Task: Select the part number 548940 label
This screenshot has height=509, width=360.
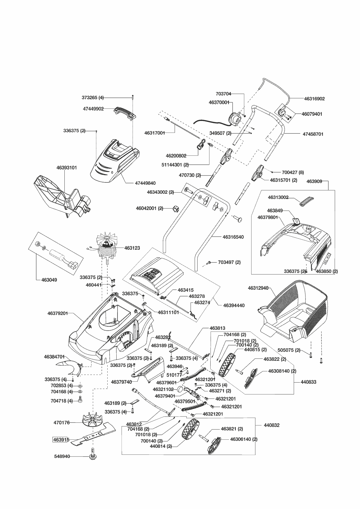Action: click(x=62, y=456)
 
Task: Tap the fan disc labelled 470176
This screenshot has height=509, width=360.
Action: click(x=93, y=421)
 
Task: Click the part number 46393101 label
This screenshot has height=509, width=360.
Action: click(x=67, y=168)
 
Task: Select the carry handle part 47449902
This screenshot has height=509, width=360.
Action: click(x=126, y=112)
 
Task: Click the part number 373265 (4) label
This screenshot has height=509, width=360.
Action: click(x=93, y=97)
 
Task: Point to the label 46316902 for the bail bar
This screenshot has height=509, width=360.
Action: click(x=314, y=99)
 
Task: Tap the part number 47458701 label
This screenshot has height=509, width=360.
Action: click(x=313, y=134)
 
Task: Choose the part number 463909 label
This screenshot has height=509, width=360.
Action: click(x=314, y=182)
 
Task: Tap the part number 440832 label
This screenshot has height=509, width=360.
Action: click(x=272, y=425)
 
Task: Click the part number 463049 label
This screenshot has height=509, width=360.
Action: click(x=49, y=280)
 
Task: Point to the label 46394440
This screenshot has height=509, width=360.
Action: click(x=234, y=305)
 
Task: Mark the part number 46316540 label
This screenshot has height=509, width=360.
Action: click(x=233, y=237)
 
